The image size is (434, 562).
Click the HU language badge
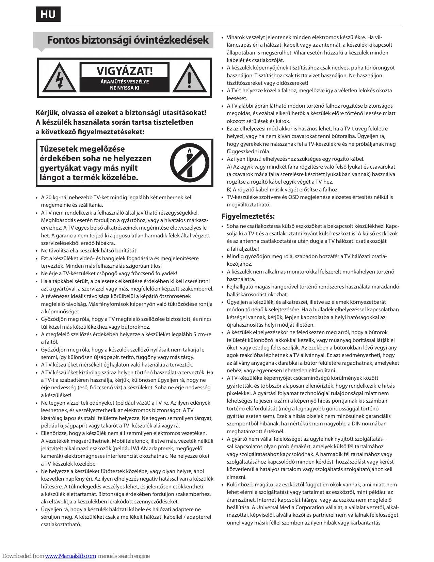pos(48,14)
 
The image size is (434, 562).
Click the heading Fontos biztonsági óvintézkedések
pos(128,40)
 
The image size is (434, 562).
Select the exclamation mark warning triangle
pos(190,79)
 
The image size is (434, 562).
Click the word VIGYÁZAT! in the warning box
pos(124,71)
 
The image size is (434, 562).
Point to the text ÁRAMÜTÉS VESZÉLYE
pos(124,82)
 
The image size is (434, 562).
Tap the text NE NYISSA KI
pos(124,88)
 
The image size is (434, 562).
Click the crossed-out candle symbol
pos(190,162)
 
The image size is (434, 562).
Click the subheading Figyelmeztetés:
pos(248,216)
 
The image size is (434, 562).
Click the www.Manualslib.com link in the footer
pos(70,556)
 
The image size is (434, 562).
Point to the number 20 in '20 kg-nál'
pos(49,198)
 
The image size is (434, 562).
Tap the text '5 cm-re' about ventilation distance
pos(202,334)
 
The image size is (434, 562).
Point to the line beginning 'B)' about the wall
pos(283,190)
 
